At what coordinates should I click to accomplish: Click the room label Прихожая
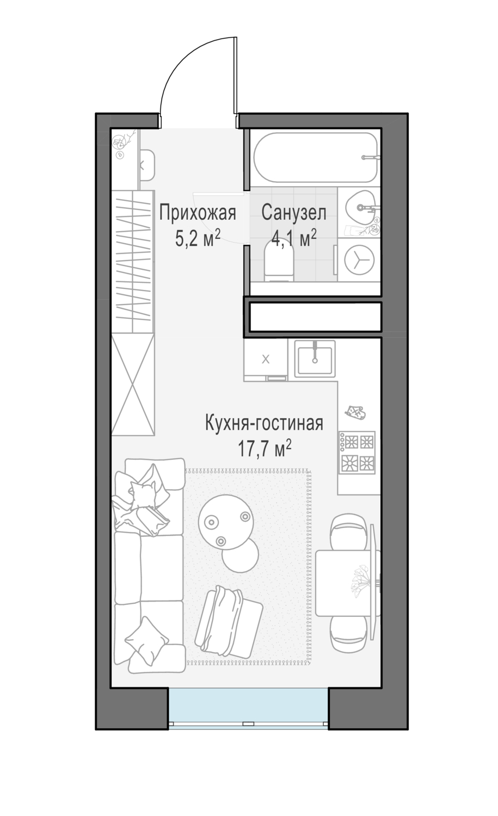197,213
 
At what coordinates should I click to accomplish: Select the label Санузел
293,213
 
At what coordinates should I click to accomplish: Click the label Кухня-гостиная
264,423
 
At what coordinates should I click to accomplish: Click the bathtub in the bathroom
316,157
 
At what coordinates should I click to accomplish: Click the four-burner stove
358,452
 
